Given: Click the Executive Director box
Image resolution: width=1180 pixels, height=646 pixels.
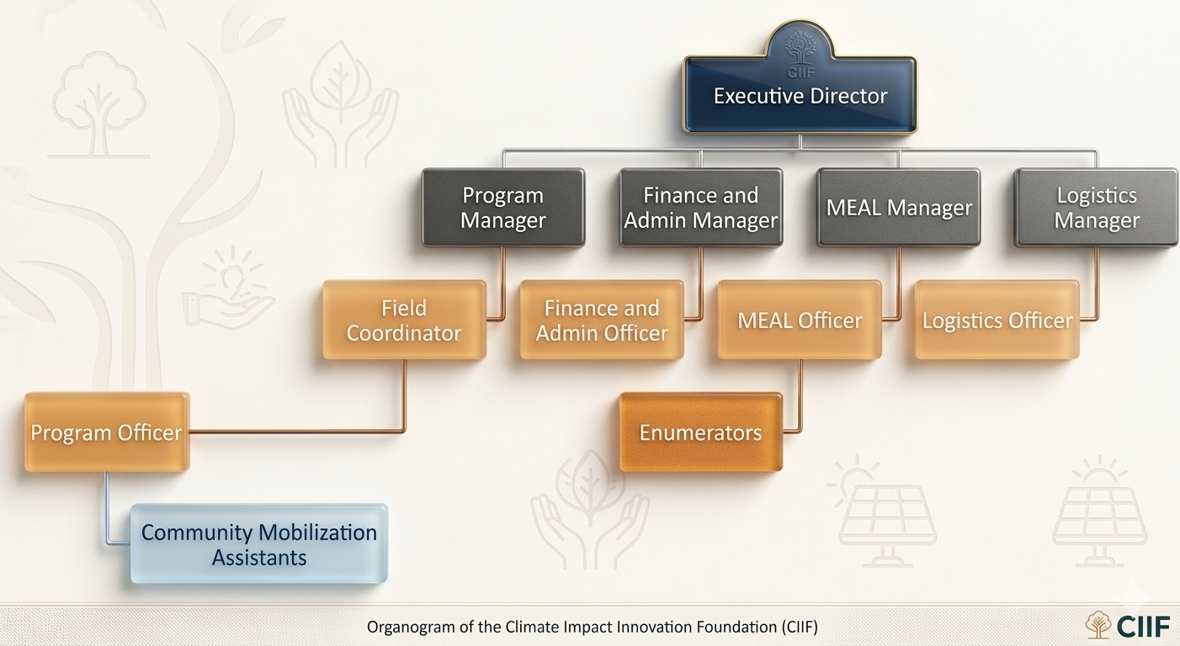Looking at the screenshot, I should (x=800, y=96).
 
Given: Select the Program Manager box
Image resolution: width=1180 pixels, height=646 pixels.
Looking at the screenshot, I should (x=503, y=208).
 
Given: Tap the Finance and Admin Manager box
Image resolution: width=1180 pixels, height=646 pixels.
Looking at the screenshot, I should (x=701, y=208).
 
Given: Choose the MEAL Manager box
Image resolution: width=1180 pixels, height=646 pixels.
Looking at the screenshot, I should (x=899, y=208).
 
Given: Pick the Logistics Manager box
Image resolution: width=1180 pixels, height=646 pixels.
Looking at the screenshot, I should (x=1096, y=208).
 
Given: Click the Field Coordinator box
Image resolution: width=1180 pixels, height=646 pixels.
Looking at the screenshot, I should (x=404, y=320).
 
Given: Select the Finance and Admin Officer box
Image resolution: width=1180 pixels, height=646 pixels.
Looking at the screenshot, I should (x=602, y=320).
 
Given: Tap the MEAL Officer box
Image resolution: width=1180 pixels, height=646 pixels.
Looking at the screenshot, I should (x=800, y=320).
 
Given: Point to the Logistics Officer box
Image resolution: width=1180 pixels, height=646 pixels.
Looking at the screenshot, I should (x=997, y=320).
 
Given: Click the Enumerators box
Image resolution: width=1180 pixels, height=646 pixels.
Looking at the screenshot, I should (x=701, y=432).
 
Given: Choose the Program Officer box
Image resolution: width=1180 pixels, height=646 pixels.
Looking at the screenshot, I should (x=107, y=432).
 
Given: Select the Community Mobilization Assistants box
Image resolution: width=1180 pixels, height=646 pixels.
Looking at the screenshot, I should (x=259, y=544).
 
